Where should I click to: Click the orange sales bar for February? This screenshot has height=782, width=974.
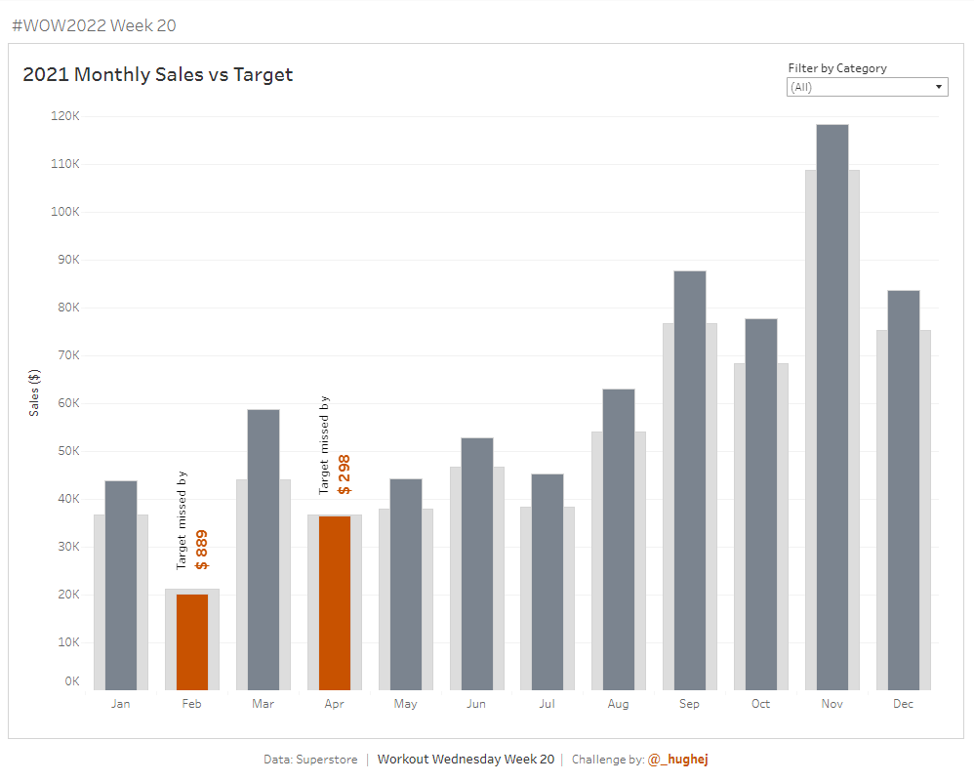coord(192,641)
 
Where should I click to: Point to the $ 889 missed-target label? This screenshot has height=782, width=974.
coord(201,550)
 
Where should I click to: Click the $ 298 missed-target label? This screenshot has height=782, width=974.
coord(344,474)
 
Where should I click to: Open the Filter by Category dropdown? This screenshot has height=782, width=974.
coord(868,87)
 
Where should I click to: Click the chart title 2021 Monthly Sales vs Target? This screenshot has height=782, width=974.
coord(158,74)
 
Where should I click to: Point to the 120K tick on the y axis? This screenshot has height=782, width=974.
coord(65,116)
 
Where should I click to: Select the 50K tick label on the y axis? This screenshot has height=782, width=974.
coord(65,451)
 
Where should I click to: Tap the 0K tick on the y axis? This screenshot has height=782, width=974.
coord(71,681)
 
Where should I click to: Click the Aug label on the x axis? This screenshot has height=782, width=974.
coord(619,704)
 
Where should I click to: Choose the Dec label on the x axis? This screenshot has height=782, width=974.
coord(903,704)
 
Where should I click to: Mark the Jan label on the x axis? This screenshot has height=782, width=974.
coord(121,704)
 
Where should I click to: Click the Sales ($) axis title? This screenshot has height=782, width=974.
coord(35,392)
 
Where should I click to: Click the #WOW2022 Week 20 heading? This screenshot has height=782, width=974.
coord(94,25)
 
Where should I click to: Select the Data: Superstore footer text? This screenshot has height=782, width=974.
coord(310,760)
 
